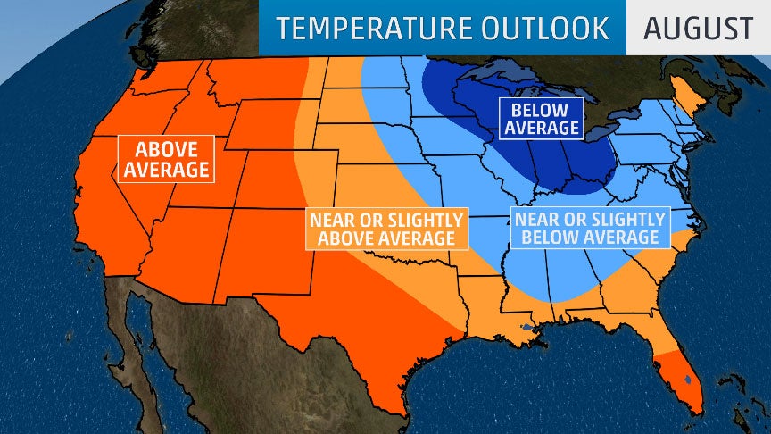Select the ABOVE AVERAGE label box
click(167, 158)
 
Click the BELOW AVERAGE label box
click(541, 119)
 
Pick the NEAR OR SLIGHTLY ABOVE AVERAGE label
click(386, 229)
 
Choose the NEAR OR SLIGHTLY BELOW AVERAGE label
click(588, 228)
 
